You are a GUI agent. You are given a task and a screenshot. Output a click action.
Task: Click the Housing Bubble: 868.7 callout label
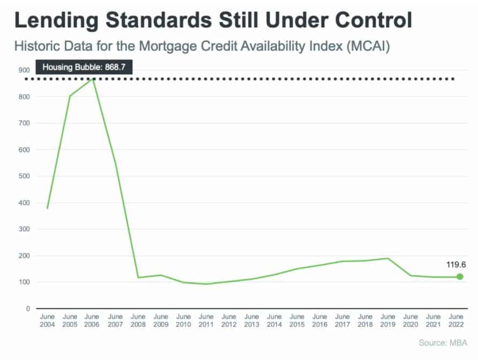point(84,67)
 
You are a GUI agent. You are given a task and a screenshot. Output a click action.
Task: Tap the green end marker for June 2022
point(459,276)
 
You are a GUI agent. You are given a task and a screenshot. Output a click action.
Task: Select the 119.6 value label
point(455,264)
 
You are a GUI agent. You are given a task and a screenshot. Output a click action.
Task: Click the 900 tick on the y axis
point(24,70)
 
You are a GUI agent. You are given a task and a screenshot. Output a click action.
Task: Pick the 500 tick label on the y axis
point(24,176)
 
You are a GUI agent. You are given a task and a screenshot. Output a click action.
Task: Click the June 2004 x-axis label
point(47,320)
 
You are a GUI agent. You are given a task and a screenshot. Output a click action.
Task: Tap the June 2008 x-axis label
point(138,320)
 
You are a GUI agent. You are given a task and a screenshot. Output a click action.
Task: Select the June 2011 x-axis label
point(206,320)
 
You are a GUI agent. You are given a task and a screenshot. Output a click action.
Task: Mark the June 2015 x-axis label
point(297,320)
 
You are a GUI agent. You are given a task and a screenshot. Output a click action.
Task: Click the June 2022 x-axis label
point(457,320)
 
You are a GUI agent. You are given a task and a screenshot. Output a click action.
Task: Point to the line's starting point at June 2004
point(47,208)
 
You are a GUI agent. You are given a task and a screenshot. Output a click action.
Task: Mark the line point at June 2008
point(138,277)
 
